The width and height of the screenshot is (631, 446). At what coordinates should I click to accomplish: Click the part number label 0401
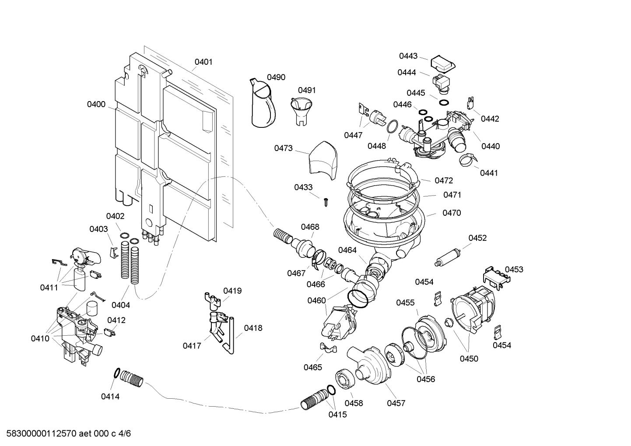click(203, 62)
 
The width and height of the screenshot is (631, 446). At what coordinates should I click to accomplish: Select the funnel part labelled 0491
click(301, 112)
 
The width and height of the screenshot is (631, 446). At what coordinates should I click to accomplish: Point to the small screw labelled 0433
click(326, 201)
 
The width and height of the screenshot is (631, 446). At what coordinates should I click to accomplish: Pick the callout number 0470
click(451, 213)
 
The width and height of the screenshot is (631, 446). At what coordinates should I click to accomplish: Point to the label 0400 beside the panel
click(96, 104)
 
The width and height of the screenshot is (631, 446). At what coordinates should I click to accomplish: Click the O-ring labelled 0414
click(117, 373)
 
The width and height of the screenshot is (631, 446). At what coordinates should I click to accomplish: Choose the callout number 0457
click(396, 403)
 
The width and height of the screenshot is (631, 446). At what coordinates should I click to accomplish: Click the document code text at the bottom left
click(66, 434)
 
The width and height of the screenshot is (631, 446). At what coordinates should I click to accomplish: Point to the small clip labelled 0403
click(113, 251)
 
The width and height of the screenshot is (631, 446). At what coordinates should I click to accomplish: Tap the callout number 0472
click(443, 180)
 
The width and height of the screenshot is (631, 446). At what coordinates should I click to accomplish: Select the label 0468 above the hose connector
click(310, 227)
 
